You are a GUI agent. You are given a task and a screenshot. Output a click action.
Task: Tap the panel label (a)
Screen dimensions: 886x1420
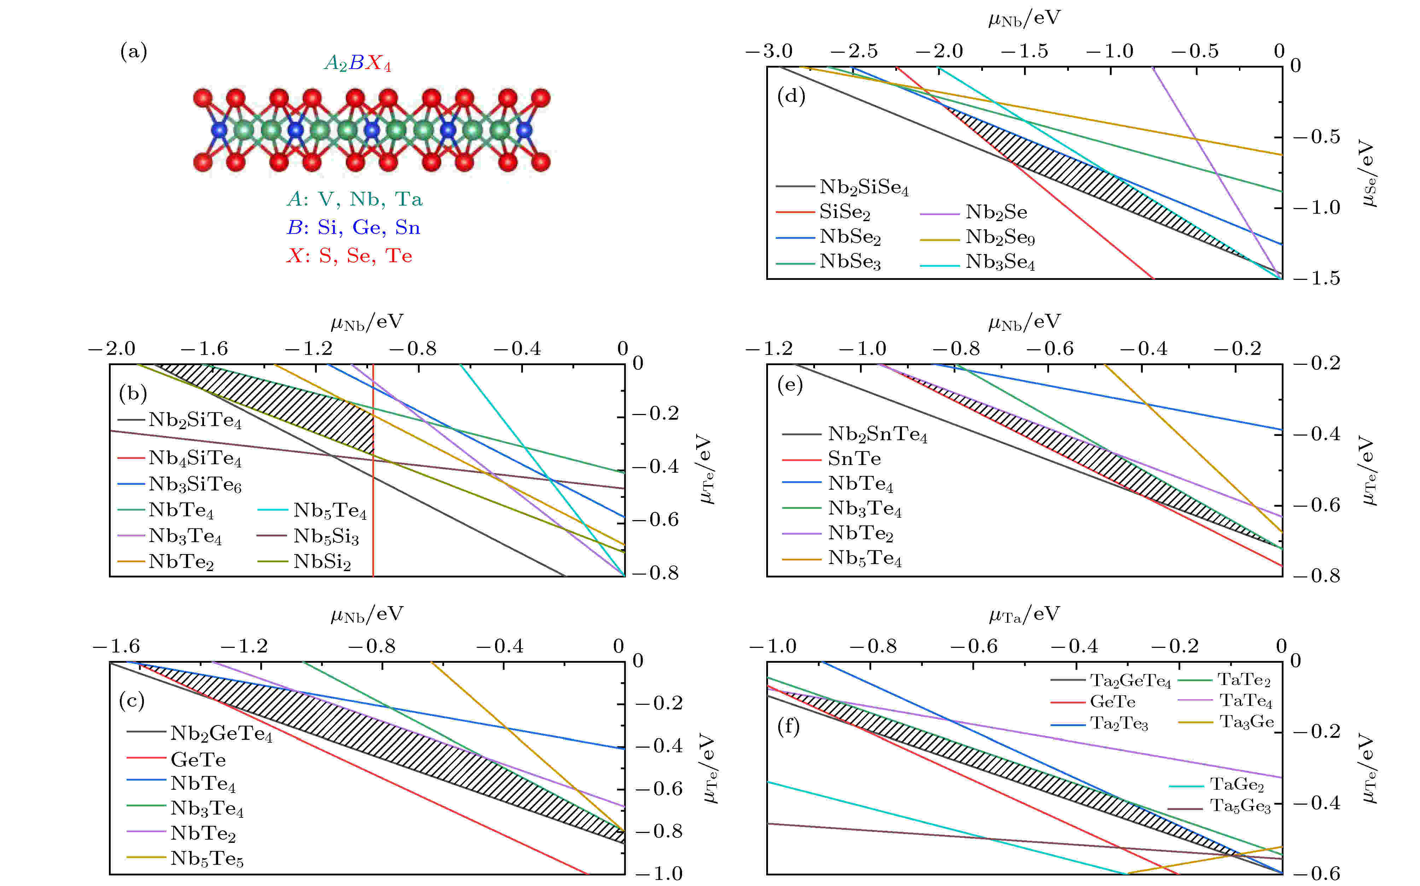(134, 52)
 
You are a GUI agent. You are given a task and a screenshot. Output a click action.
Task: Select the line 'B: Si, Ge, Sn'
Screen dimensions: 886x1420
(353, 228)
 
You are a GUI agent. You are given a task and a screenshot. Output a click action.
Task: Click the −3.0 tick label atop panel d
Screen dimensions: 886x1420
(769, 52)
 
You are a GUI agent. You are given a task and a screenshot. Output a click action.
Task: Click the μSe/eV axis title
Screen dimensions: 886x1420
(1368, 173)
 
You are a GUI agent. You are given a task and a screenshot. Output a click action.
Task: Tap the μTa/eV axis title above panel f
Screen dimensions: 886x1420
(1024, 615)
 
